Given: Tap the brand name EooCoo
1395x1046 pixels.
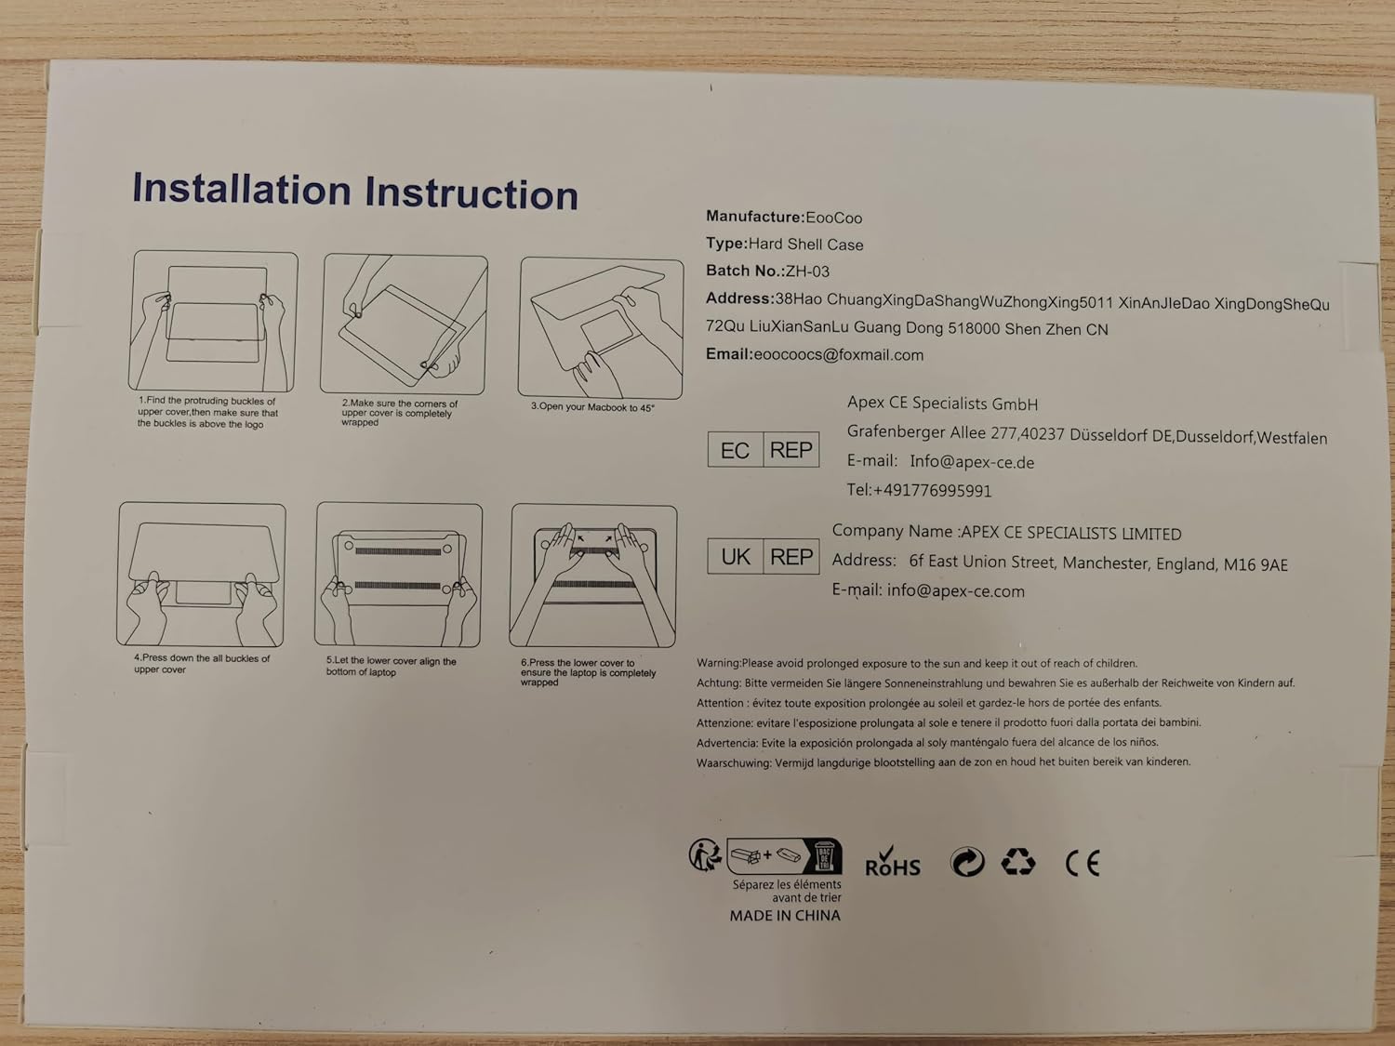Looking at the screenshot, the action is tap(834, 218).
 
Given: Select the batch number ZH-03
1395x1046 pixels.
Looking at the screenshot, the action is tap(807, 271).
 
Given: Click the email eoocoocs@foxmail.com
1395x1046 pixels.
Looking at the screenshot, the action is tap(838, 354).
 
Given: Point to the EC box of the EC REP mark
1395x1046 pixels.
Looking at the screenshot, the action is tap(736, 450).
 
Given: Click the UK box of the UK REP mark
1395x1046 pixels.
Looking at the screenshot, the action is tap(736, 556).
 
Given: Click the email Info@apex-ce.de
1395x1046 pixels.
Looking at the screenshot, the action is tap(972, 462).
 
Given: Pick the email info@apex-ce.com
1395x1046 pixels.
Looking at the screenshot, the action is tap(955, 590).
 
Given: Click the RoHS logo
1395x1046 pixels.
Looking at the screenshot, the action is tap(892, 862).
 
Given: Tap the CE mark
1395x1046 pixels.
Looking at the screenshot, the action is tap(1083, 863).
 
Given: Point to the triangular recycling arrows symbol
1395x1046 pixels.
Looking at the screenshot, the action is tap(1018, 862).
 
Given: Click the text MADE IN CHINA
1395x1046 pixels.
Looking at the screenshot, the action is tap(785, 915).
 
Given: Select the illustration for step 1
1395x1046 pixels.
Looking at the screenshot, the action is tap(213, 321).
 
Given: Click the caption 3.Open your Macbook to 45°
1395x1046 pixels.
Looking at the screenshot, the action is tap(592, 407).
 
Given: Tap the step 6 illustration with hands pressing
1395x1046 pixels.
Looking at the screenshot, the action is tap(593, 576).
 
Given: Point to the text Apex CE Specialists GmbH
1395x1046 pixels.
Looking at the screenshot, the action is tap(942, 404).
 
